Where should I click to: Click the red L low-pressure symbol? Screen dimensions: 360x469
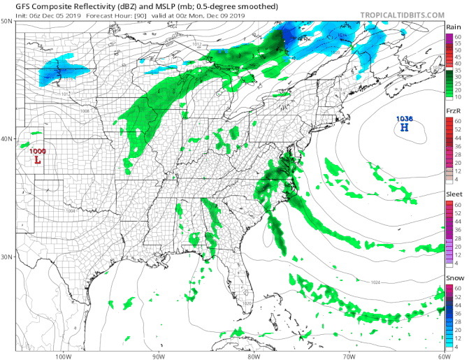coord(37,160)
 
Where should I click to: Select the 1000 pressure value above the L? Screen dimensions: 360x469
coord(37,151)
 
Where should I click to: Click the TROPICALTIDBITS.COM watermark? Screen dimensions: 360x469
coord(403,14)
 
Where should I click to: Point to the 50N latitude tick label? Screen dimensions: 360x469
coord(6,21)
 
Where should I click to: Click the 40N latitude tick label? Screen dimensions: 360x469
coord(6,138)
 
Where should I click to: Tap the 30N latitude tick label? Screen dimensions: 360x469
coord(6,257)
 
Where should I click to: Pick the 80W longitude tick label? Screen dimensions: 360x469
coord(253,354)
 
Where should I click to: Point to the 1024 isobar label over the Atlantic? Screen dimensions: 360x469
coord(375,282)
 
